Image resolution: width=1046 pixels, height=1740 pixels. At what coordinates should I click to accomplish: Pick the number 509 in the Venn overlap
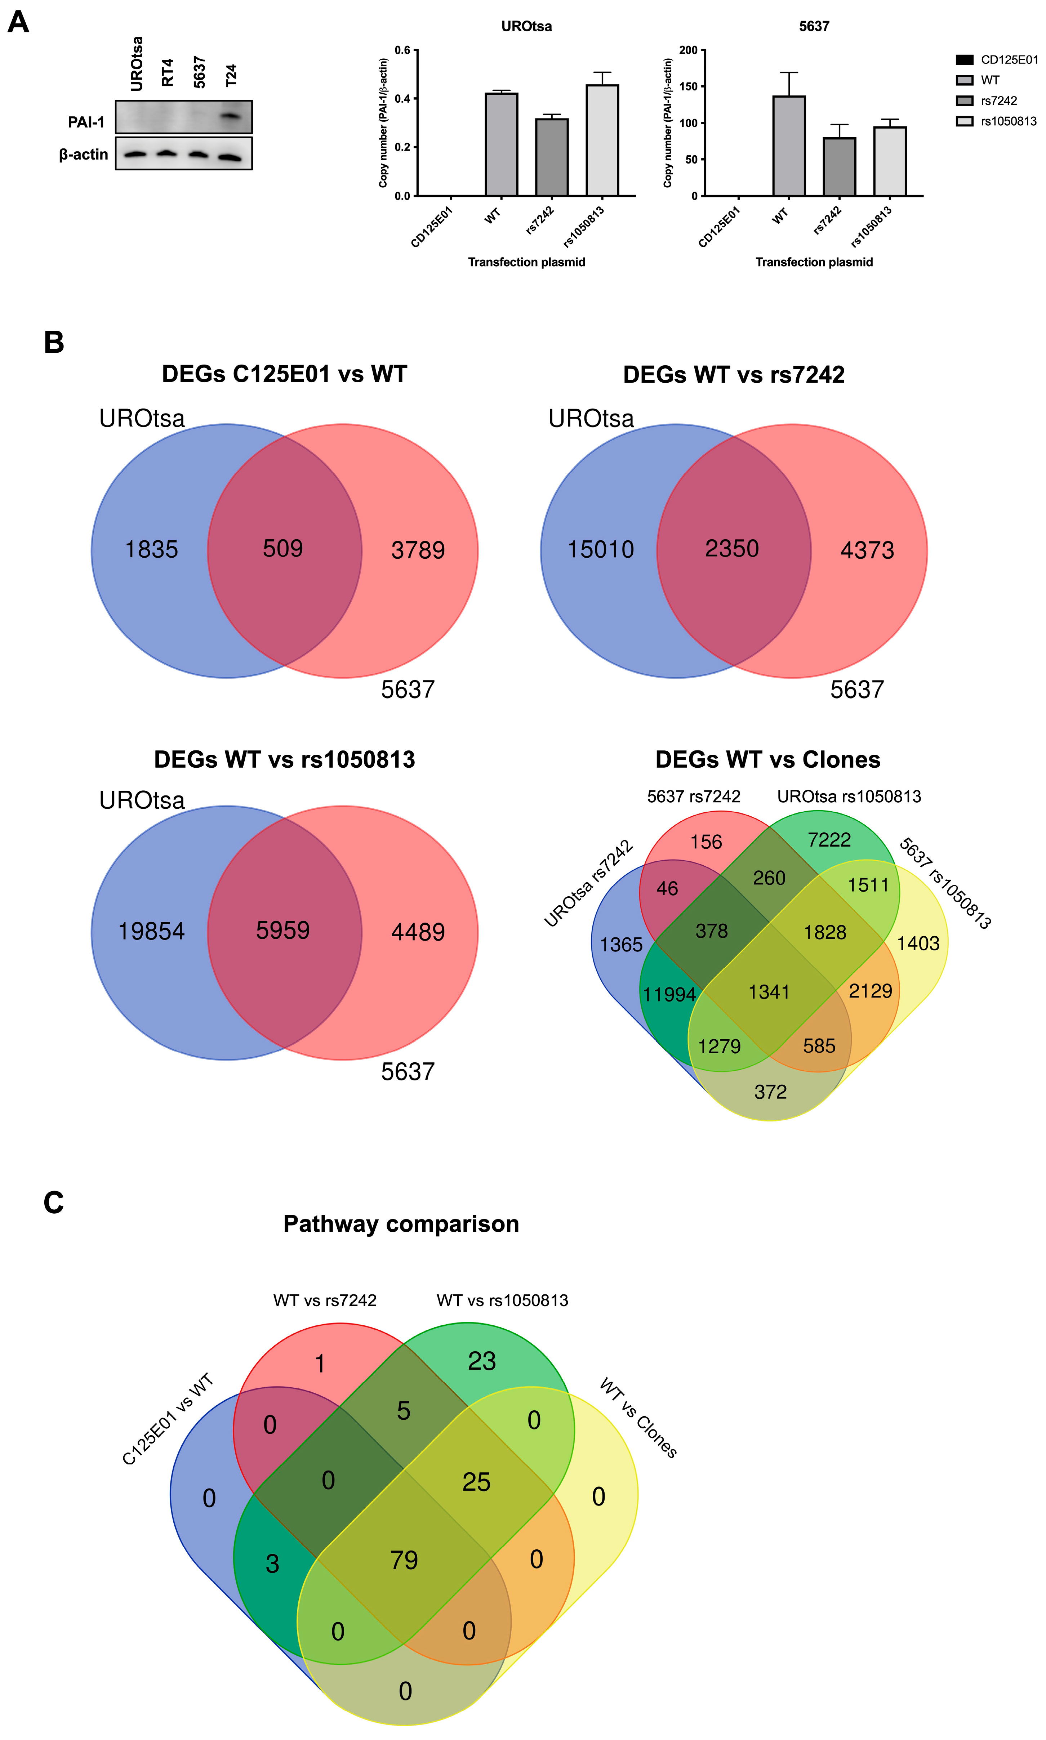pyautogui.click(x=282, y=548)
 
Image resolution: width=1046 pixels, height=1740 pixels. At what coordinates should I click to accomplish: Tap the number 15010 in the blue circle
pyautogui.click(x=601, y=550)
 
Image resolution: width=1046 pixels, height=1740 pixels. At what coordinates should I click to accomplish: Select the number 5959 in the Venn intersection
pyautogui.click(x=282, y=930)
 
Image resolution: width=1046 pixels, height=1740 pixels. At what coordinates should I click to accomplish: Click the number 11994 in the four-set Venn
pyautogui.click(x=669, y=994)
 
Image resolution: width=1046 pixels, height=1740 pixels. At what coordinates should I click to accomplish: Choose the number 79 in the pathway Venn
pyautogui.click(x=404, y=1560)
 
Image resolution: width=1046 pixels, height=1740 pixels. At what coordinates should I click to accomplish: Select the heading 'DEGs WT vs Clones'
pyautogui.click(x=767, y=760)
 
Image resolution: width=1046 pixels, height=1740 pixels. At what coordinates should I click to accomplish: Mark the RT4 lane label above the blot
pyautogui.click(x=167, y=72)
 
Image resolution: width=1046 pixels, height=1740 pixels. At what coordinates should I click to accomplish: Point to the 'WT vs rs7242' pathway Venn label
pyautogui.click(x=325, y=1300)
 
